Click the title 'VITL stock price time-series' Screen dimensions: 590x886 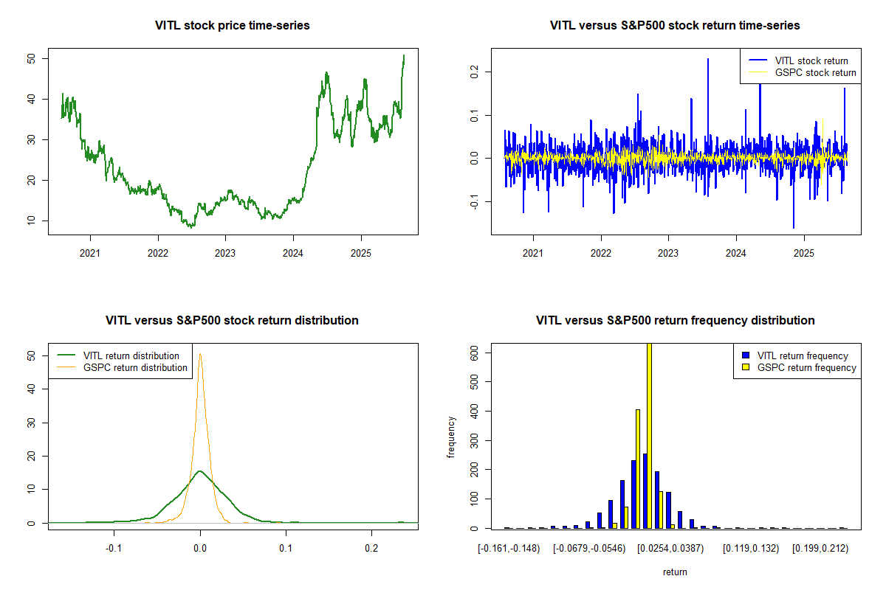pos(233,26)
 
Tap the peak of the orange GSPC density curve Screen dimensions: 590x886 pos(200,354)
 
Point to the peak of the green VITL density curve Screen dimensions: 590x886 pos(200,471)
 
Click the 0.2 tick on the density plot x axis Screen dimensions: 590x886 pos(371,549)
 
